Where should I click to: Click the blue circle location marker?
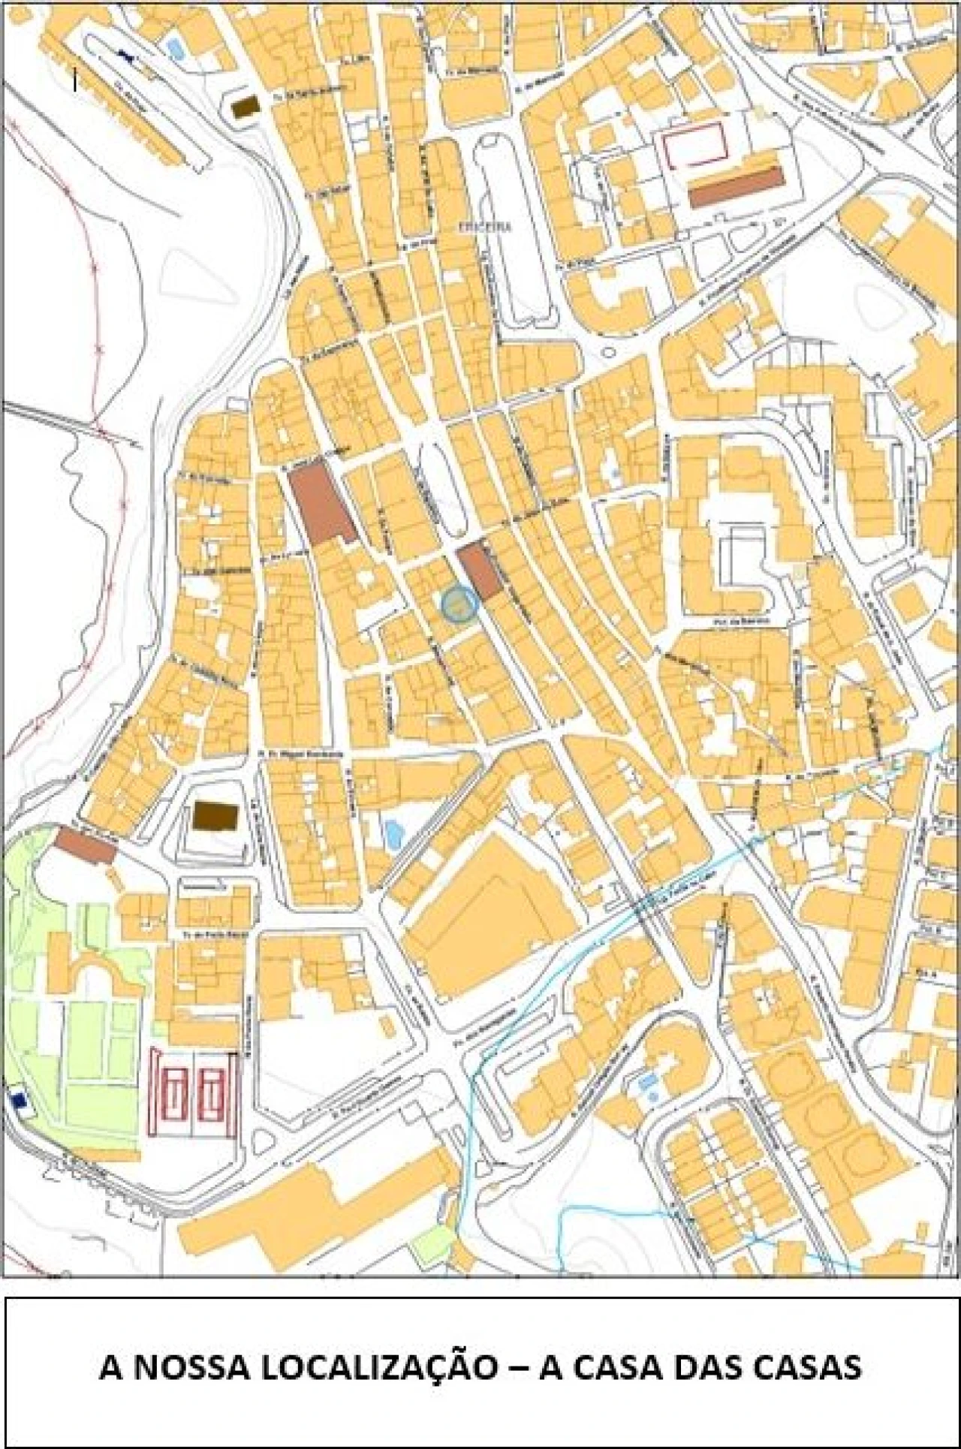[x=459, y=604]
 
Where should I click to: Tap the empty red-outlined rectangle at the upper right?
[x=695, y=146]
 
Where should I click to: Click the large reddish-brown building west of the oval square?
[x=321, y=503]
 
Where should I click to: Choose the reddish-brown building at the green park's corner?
[x=86, y=845]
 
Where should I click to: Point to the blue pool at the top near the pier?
[x=175, y=50]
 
